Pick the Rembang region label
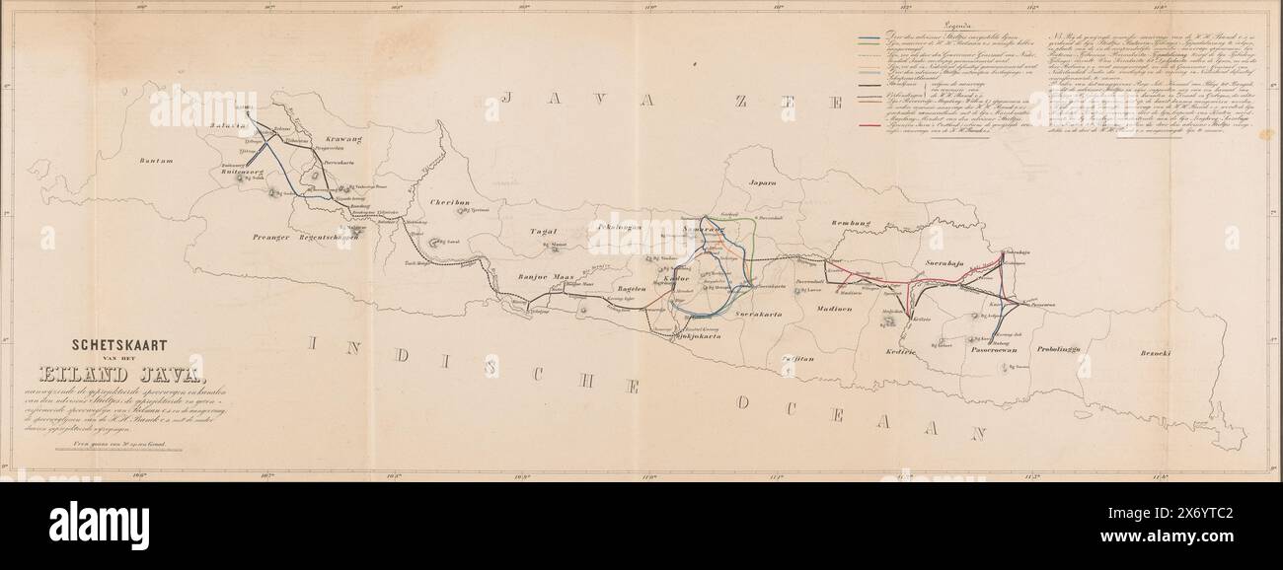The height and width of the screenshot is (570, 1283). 855,223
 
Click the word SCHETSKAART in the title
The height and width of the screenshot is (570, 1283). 117,346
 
